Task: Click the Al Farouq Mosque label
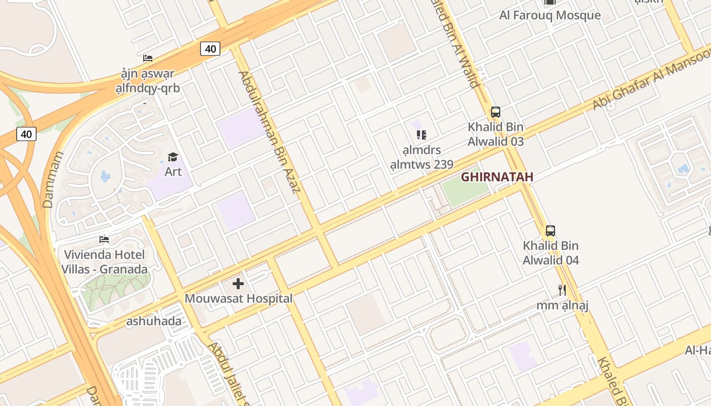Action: point(550,15)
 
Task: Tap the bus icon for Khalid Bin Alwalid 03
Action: point(496,112)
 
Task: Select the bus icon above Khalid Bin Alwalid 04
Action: point(551,231)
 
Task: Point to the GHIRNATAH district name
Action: point(497,177)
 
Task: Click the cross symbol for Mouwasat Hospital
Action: point(238,284)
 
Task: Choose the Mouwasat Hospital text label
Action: point(238,298)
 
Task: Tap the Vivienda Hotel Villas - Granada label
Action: point(105,262)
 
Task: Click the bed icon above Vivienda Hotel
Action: point(104,240)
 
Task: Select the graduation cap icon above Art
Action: point(173,157)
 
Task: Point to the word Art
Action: point(173,172)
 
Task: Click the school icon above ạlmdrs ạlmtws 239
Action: point(422,135)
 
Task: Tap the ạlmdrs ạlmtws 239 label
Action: point(422,157)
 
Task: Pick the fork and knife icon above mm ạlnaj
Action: point(562,290)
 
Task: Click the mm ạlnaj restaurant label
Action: point(562,306)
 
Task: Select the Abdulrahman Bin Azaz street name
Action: point(270,132)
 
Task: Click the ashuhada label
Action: point(154,321)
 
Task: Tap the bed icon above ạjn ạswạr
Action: point(148,58)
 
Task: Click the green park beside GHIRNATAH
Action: point(465,192)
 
